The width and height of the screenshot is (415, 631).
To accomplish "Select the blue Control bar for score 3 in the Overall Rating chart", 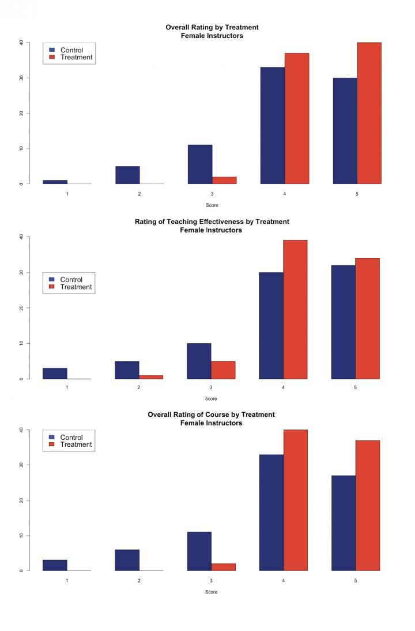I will (x=200, y=165).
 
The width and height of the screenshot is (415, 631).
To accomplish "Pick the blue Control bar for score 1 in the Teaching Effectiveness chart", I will (x=55, y=373).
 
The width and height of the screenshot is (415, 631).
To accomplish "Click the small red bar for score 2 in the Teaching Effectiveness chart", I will (x=151, y=377).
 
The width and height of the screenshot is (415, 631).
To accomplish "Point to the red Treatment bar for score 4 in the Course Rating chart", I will (x=295, y=500).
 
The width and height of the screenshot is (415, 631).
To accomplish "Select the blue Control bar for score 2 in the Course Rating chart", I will (x=127, y=560).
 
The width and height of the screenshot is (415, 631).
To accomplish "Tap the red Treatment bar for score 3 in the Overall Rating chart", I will (x=224, y=180).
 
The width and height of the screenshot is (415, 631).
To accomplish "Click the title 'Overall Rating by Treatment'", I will (x=212, y=27).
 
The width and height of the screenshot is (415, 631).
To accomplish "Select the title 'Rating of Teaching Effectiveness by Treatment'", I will (x=212, y=222).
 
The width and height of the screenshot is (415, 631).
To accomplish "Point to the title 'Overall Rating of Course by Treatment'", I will (x=212, y=415).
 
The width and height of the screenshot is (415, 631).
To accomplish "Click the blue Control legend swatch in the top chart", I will (x=52, y=50).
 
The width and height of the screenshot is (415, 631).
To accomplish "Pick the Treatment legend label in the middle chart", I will (x=76, y=287).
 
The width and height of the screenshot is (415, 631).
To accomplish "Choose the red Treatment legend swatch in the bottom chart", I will (x=52, y=444).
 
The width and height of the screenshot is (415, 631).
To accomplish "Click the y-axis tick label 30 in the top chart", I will (x=21, y=78).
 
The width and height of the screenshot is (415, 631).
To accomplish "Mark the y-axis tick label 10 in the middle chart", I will (x=21, y=343).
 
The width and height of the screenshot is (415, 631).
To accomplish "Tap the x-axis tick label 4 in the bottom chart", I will (x=284, y=580).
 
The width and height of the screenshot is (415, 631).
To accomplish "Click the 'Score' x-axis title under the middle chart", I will (x=212, y=398).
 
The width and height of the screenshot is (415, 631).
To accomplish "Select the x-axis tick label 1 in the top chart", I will (x=67, y=194).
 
